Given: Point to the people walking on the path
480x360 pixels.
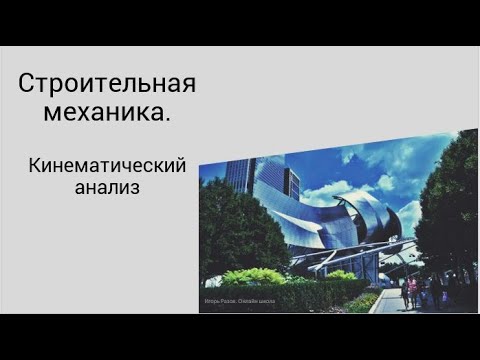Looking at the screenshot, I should click(x=418, y=292).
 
